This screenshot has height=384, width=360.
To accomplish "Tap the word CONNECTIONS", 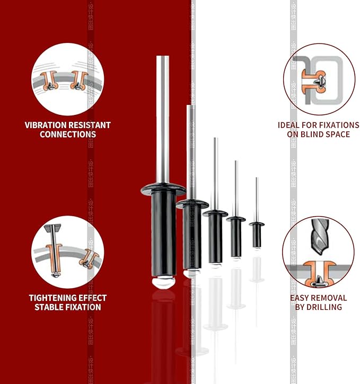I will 67,135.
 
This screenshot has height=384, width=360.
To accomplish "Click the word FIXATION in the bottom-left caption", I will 83,307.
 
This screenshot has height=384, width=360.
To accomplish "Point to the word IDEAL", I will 290,126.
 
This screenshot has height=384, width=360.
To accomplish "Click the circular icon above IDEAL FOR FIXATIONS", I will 319,79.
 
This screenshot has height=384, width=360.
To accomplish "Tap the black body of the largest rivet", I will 163,233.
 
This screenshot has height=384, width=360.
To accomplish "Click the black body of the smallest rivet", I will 257,236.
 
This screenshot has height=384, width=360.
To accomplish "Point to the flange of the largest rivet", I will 163,189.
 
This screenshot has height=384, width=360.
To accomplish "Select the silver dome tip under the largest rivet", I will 163,281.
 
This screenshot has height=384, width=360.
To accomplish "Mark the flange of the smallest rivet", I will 257,224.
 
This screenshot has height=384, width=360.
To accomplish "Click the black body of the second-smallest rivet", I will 236,238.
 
